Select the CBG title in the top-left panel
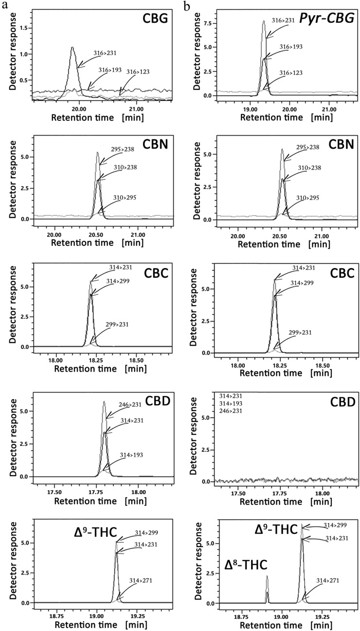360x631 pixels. (x=154, y=20)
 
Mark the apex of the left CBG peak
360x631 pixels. (x=72, y=48)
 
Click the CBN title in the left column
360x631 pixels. (x=154, y=145)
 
